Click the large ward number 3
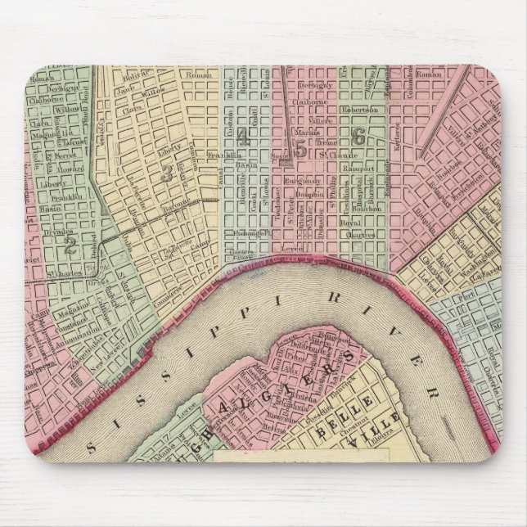click(167, 173)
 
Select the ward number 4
click(243, 138)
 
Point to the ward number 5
click(300, 149)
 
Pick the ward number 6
click(358, 138)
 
